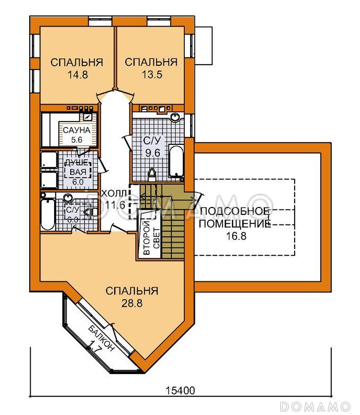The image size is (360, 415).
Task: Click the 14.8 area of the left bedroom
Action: tap(78, 75)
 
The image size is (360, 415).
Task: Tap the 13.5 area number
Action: tap(152, 75)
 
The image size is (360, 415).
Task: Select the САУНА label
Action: tap(76, 130)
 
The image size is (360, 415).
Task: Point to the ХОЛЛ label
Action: tap(114, 194)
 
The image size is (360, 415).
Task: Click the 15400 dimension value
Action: tap(180, 391)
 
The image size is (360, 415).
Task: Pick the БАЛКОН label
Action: tap(102, 338)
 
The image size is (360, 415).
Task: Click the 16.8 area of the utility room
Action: tap(236, 236)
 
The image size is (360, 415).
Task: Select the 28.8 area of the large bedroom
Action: tap(132, 304)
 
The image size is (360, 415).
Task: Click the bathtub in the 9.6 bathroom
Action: tap(176, 161)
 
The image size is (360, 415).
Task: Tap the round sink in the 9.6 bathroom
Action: tap(175, 117)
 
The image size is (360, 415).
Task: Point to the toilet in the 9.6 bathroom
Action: tap(152, 175)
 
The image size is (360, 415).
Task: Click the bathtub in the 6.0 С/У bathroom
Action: tap(48, 214)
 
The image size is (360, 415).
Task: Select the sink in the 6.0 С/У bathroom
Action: tap(68, 198)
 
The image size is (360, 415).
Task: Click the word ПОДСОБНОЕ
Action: tap(235, 211)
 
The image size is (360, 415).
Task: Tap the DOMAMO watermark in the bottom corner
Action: tap(315, 407)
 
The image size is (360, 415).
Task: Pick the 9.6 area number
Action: tap(153, 153)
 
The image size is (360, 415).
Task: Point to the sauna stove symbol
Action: tap(87, 116)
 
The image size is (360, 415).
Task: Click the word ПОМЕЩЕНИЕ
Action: tap(235, 224)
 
